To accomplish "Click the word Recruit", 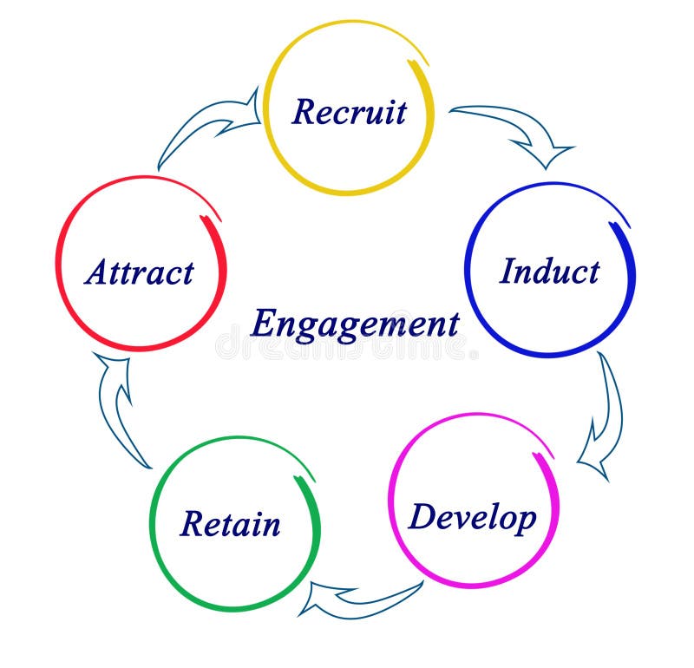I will coord(349,112).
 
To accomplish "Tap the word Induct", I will coord(549,272).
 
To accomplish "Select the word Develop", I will coord(472,518).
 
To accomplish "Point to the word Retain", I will coord(230,524).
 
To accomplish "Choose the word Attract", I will coord(139,272).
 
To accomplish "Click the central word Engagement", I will coord(354,324).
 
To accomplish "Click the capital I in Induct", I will coord(507,271).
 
